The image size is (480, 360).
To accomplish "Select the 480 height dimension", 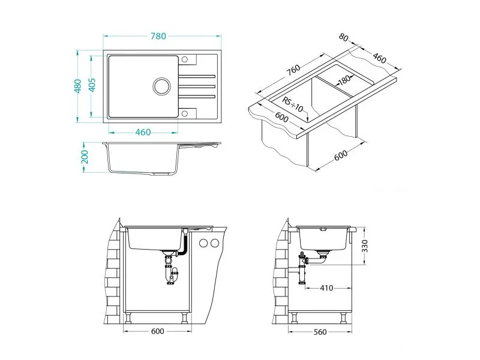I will [x=77, y=86].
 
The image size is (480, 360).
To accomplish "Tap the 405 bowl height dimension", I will [x=92, y=86].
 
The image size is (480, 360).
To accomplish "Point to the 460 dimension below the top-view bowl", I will [x=142, y=132].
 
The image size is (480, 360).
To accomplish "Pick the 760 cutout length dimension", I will [x=293, y=70].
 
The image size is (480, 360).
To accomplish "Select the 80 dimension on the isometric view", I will [x=344, y=37].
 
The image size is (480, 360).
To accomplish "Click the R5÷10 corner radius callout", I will [x=293, y=105].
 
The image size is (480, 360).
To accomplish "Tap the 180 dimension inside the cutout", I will [x=343, y=81].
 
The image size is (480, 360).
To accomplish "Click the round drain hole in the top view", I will [x=161, y=86].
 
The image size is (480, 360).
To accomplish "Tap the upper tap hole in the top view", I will [x=185, y=59].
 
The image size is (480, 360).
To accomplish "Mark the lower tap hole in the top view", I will [x=185, y=112].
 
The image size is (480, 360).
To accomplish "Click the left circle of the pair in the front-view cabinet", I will [x=203, y=243].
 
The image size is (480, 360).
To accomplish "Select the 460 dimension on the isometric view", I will [x=379, y=58].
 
